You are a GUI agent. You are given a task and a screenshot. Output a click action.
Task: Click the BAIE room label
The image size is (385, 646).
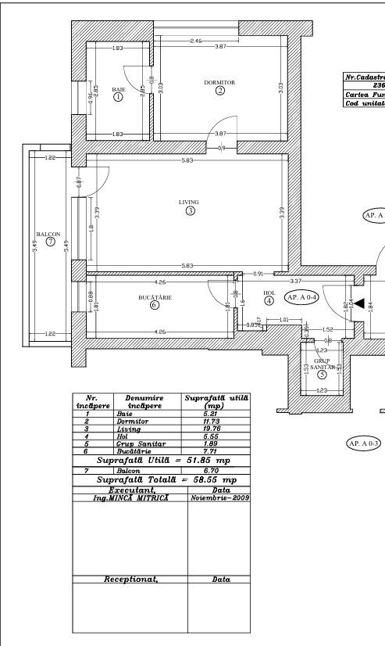[118, 89]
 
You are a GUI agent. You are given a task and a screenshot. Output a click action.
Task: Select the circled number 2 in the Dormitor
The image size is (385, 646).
[219, 91]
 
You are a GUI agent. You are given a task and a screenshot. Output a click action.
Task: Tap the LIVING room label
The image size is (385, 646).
[189, 202]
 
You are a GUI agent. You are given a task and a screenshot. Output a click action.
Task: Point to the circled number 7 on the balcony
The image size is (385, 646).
[50, 242]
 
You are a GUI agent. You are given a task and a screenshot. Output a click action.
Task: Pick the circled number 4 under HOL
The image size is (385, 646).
[269, 300]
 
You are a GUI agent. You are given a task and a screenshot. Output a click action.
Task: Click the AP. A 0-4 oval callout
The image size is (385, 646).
[300, 297]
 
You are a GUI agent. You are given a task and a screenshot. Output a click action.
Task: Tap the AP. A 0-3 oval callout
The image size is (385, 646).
[363, 443]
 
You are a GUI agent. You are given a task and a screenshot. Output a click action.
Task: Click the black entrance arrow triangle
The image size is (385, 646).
[359, 302]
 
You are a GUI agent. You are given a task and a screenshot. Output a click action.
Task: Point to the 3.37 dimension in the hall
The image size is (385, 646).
[296, 279]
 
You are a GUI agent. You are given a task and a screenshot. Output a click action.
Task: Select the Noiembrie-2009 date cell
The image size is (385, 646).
[219, 496]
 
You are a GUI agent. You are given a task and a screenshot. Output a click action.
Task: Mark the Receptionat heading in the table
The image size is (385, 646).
[127, 580]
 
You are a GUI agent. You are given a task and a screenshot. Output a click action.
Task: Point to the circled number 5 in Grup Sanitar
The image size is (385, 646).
[323, 375]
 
